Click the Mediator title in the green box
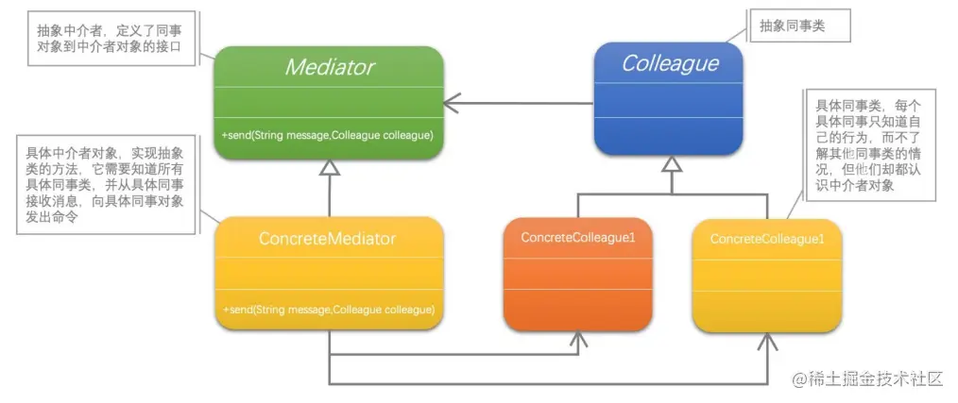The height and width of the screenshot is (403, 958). point(330,67)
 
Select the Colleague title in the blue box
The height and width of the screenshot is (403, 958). point(670,64)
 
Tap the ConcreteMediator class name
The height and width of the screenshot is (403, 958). point(327,239)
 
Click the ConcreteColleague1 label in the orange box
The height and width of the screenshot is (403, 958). point(578,237)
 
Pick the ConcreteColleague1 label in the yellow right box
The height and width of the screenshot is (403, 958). point(766,239)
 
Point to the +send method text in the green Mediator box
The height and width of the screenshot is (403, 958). point(328,136)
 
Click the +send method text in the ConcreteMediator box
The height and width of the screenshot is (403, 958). point(328,309)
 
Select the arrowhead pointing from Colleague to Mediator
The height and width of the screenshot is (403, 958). point(453,98)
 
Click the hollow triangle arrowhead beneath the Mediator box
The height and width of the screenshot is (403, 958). point(329,168)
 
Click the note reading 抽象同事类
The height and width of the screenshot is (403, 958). point(792,27)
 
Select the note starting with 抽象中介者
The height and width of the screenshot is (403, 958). point(113,38)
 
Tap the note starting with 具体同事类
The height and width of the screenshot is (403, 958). point(867,143)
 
